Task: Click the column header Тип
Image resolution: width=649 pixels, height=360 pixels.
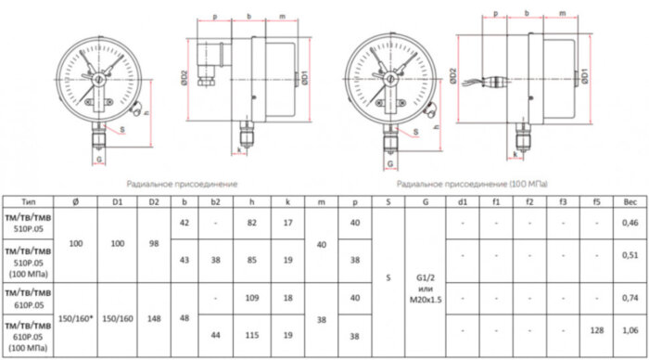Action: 29,201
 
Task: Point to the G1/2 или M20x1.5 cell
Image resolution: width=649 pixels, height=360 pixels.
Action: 425,276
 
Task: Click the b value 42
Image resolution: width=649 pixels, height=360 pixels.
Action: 187,224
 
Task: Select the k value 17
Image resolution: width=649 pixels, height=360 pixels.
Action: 288,224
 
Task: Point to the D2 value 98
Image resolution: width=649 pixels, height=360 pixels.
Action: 155,242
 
